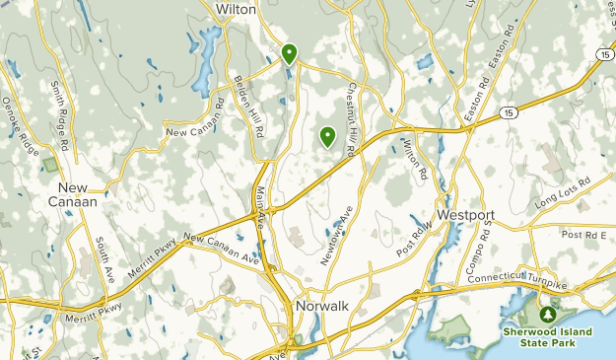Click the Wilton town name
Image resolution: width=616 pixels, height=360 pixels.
(236, 9)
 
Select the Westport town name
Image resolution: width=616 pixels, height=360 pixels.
(465, 215)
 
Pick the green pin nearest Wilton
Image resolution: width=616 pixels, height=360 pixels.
(289, 53)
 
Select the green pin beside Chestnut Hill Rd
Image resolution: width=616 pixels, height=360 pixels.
(326, 138)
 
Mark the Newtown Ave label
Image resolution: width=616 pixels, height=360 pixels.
(336, 236)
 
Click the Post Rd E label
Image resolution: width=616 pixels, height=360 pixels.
(585, 234)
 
